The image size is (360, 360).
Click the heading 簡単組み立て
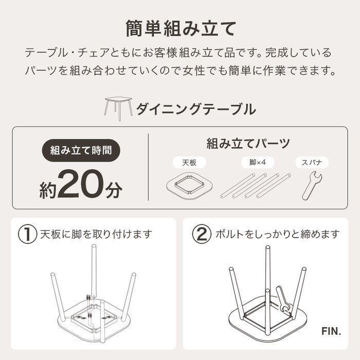pos(179,29)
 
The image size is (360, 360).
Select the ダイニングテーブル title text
pos(195,109)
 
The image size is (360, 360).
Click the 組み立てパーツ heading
pos(248,143)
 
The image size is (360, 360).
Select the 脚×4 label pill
pos(256,163)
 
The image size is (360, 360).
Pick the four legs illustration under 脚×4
pos(256,186)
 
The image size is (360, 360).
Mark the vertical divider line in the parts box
pos(148,171)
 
